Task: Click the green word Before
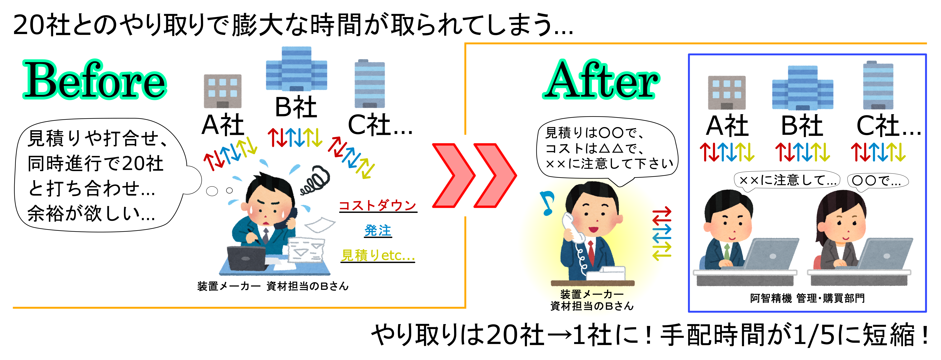pyautogui.click(x=95, y=80)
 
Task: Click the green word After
pyautogui.click(x=601, y=80)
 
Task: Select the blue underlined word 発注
pyautogui.click(x=378, y=231)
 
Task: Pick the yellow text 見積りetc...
pyautogui.click(x=378, y=255)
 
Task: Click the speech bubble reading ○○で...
pyautogui.click(x=877, y=181)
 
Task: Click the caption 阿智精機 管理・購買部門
pyautogui.click(x=807, y=298)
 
